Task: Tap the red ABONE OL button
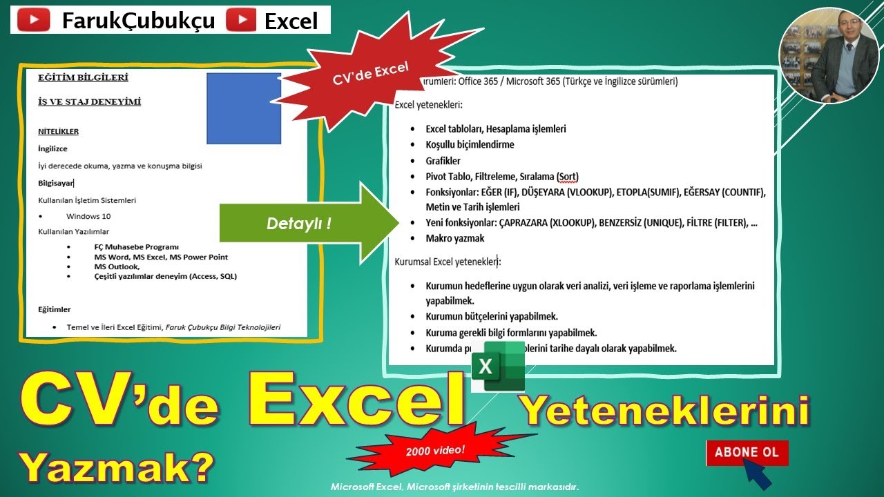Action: pyautogui.click(x=747, y=453)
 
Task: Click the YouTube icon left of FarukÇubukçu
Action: pyautogui.click(x=32, y=21)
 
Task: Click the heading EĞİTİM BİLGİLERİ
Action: pyautogui.click(x=83, y=77)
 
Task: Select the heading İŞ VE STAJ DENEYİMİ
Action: pyautogui.click(x=89, y=102)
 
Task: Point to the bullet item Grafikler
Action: pyautogui.click(x=443, y=161)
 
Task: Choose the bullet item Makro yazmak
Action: pyautogui.click(x=455, y=238)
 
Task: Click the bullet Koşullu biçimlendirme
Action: pyautogui.click(x=470, y=145)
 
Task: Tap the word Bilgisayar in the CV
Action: pyautogui.click(x=55, y=183)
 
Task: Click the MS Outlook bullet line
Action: pyautogui.click(x=117, y=266)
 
